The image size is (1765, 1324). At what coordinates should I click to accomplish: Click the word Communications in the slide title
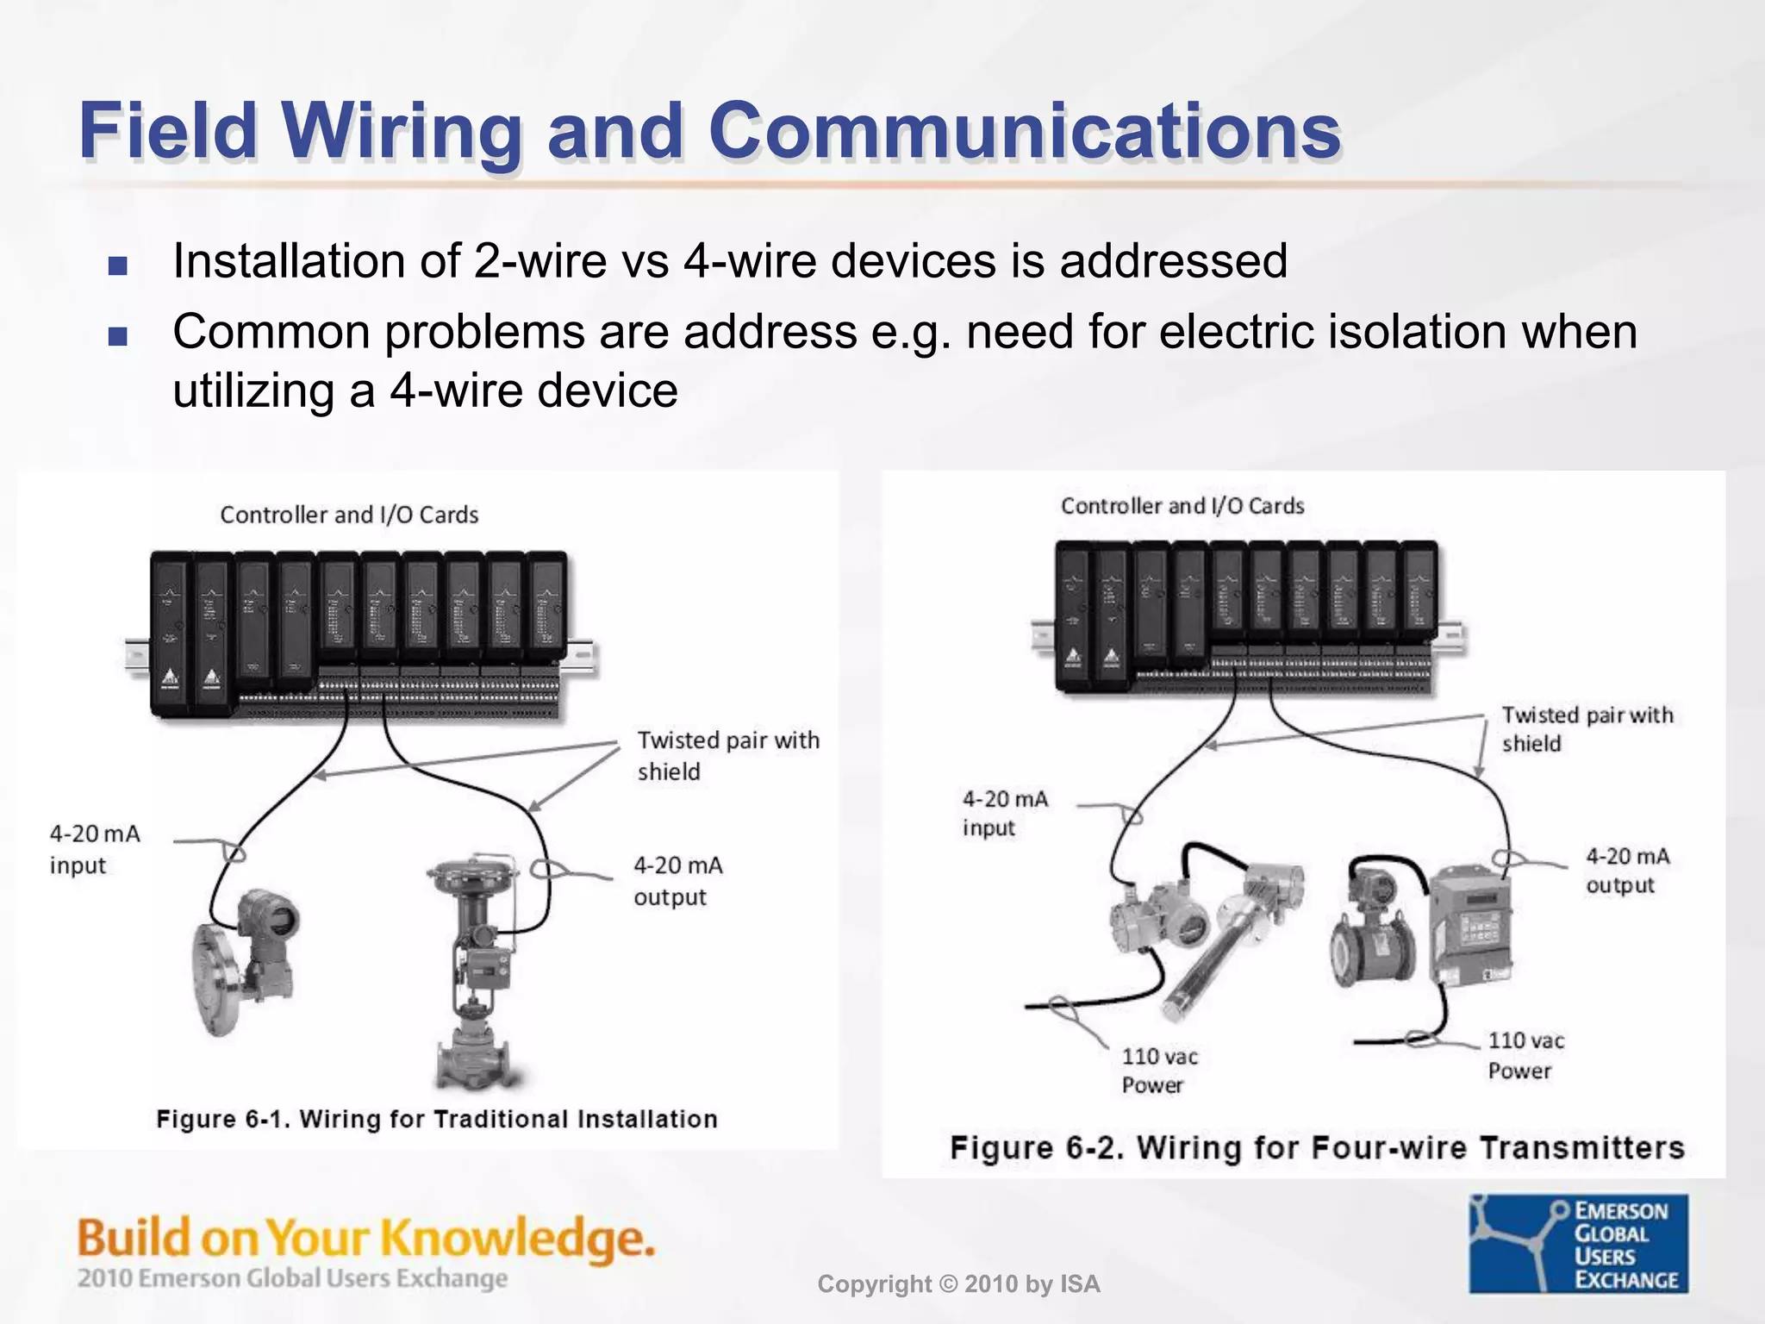(x=1024, y=131)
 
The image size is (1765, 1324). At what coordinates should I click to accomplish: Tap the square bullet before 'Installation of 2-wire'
(x=118, y=265)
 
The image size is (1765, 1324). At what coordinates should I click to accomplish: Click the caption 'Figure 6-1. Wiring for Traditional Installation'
(x=436, y=1119)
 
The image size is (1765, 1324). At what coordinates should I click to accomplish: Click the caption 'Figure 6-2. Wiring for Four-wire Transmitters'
(x=1316, y=1147)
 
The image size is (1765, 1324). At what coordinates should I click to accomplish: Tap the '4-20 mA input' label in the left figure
(x=94, y=849)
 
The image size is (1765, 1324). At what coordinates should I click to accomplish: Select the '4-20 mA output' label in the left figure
(x=677, y=880)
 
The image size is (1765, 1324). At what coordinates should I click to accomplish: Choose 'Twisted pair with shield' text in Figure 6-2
(x=1586, y=728)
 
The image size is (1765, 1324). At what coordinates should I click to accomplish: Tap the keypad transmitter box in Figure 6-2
(x=1472, y=927)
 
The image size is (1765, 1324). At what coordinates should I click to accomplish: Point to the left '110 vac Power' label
(x=1158, y=1070)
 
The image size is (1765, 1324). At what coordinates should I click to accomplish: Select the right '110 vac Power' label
(x=1525, y=1055)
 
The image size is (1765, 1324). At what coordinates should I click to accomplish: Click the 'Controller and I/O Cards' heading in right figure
(x=1182, y=506)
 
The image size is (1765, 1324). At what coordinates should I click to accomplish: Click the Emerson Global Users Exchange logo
(x=1578, y=1243)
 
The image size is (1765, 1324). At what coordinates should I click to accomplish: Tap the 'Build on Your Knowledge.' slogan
(x=365, y=1239)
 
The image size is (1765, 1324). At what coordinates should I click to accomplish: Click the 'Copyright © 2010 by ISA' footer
(x=958, y=1284)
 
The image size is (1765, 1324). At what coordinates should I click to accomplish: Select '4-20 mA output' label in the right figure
(x=1626, y=871)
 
